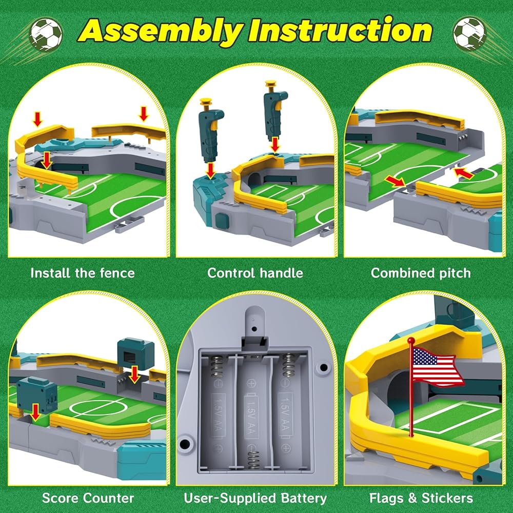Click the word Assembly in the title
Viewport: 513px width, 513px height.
tap(161, 32)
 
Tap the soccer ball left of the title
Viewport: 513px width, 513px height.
tap(45, 34)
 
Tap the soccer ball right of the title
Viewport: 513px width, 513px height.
tap(469, 34)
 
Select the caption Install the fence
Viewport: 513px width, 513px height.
tap(83, 273)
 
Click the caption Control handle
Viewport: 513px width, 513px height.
tap(255, 273)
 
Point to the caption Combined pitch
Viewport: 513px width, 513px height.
tap(421, 273)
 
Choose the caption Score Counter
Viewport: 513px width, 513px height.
tap(88, 498)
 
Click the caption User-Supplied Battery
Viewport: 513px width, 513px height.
tap(255, 498)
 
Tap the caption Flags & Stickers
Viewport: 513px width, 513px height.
tap(421, 498)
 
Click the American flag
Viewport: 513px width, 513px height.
tap(437, 367)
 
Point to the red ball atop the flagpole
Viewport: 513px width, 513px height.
tap(411, 341)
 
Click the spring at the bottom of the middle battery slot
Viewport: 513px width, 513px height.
tap(253, 460)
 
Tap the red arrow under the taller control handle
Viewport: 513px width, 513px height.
tap(275, 144)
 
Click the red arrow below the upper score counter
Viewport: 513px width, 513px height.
tap(134, 374)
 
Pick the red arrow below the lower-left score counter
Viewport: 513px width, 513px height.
tap(35, 411)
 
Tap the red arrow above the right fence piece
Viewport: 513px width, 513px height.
tap(143, 113)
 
